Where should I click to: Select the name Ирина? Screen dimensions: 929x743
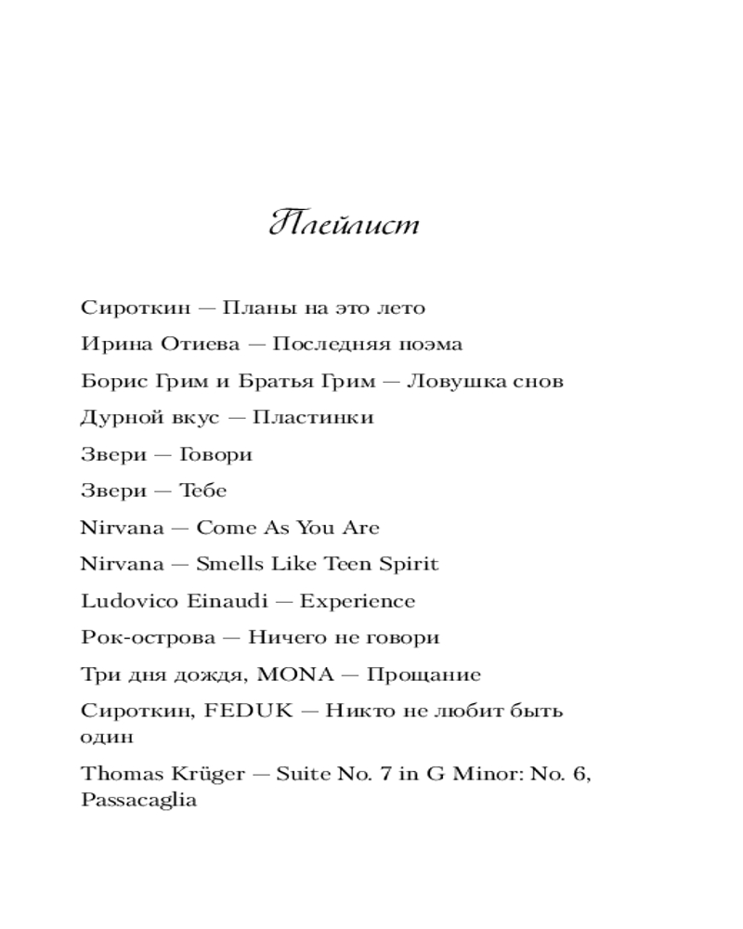click(x=108, y=345)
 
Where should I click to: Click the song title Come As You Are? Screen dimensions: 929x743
click(x=288, y=528)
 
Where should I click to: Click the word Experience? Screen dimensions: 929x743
click(x=358, y=602)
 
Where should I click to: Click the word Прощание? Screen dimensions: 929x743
click(x=424, y=674)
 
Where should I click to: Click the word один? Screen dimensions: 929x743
click(x=107, y=738)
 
